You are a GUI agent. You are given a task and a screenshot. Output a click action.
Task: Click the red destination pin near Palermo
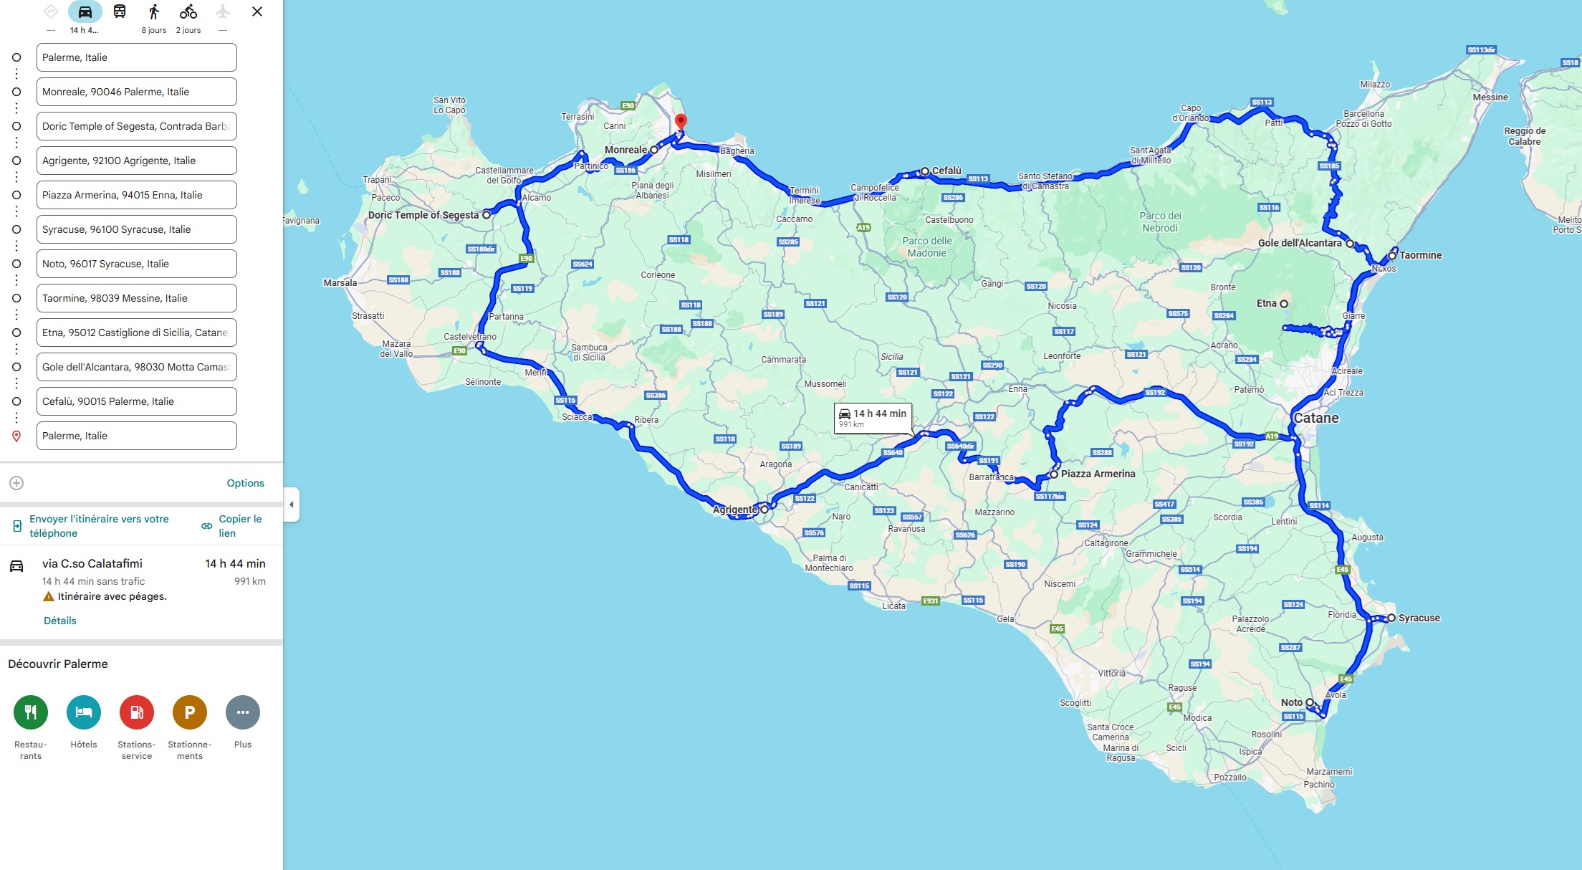pyautogui.click(x=681, y=122)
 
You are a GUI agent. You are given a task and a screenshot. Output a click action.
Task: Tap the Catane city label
pyautogui.click(x=1315, y=418)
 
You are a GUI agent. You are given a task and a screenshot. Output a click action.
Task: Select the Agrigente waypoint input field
pyautogui.click(x=136, y=161)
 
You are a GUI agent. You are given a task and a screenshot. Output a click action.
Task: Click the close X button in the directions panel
pyautogui.click(x=257, y=12)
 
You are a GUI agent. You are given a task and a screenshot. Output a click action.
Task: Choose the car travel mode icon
pyautogui.click(x=85, y=12)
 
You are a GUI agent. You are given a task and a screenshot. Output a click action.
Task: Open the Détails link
pyautogui.click(x=60, y=621)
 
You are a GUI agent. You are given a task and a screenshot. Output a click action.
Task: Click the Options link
pyautogui.click(x=245, y=483)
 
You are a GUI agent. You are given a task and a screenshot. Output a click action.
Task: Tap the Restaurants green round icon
pyautogui.click(x=31, y=712)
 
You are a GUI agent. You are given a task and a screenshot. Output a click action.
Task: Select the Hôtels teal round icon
pyautogui.click(x=84, y=712)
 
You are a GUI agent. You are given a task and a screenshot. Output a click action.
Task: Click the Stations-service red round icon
pyautogui.click(x=137, y=712)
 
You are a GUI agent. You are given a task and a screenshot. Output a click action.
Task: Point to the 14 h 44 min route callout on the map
pyautogui.click(x=873, y=417)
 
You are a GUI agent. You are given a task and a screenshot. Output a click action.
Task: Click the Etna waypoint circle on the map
pyautogui.click(x=1284, y=304)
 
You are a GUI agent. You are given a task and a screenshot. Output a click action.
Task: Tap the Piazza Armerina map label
pyautogui.click(x=1098, y=474)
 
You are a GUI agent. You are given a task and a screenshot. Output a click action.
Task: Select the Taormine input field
pyautogui.click(x=136, y=298)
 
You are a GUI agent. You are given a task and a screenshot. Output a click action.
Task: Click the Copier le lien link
pyautogui.click(x=239, y=525)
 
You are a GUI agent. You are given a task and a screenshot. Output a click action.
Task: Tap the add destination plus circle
pyautogui.click(x=16, y=483)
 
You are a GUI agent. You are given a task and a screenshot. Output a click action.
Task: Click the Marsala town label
pyautogui.click(x=340, y=283)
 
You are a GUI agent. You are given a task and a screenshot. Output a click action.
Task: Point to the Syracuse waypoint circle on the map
pyautogui.click(x=1391, y=618)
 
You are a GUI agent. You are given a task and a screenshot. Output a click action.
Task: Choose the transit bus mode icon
pyautogui.click(x=120, y=12)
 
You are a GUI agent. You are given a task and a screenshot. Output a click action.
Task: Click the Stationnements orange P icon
pyautogui.click(x=190, y=712)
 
